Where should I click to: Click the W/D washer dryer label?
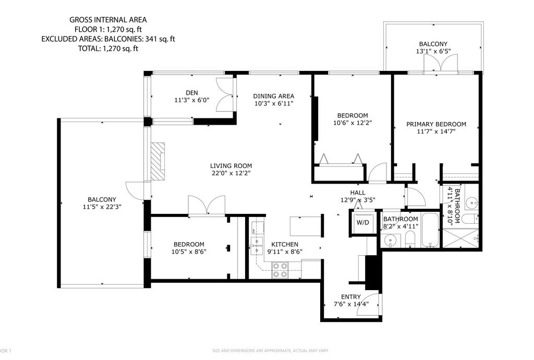tap(362, 223)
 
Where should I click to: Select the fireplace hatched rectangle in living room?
tap(157, 161)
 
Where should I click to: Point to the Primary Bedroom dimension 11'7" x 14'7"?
tap(436, 131)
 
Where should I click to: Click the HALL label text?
tap(358, 192)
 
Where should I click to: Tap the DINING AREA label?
tap(273, 96)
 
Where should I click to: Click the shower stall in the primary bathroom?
tap(461, 236)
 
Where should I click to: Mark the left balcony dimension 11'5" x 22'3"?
tap(102, 207)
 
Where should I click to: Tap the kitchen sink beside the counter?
tap(256, 245)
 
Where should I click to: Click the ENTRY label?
tap(350, 297)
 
